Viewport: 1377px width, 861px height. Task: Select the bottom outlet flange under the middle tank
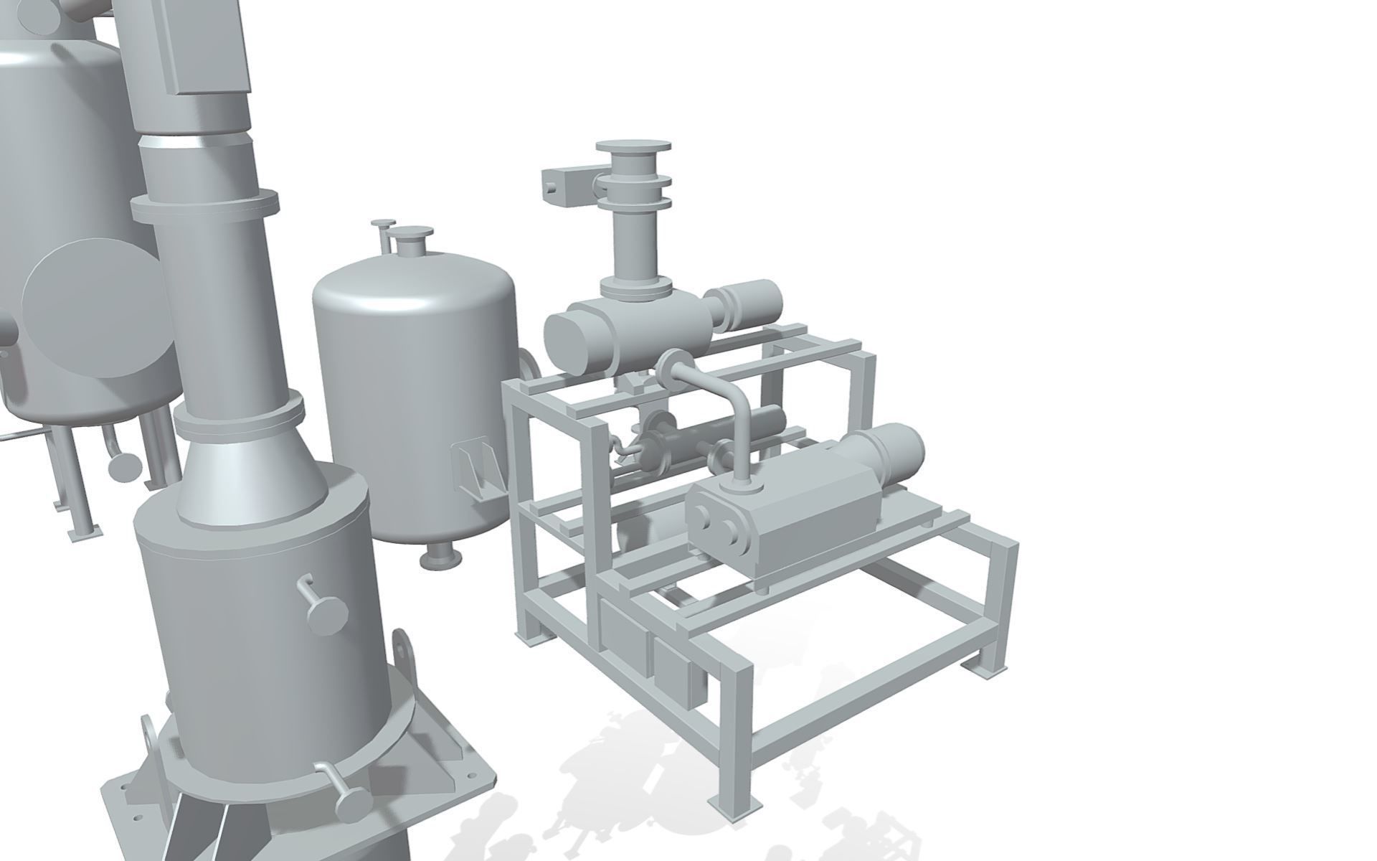440,557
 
